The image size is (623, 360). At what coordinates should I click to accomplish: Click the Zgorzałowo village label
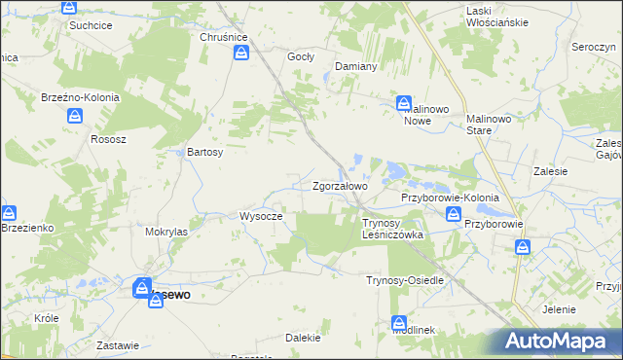(339, 186)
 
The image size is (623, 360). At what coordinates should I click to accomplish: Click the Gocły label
(300, 56)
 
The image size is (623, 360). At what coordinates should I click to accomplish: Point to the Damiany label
(355, 66)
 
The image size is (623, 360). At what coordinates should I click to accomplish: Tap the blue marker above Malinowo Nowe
(403, 102)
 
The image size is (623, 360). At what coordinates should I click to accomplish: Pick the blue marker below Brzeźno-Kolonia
(76, 117)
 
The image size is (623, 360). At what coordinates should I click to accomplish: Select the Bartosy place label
(205, 152)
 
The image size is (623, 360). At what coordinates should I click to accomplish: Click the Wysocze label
(261, 216)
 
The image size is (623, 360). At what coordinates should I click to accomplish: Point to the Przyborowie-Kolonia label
(450, 198)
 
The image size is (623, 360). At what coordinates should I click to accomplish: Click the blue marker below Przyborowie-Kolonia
(453, 216)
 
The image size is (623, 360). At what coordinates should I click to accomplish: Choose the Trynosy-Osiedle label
(404, 280)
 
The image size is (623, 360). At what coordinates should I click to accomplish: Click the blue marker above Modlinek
(398, 323)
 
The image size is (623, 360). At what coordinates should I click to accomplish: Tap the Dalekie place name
(303, 338)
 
